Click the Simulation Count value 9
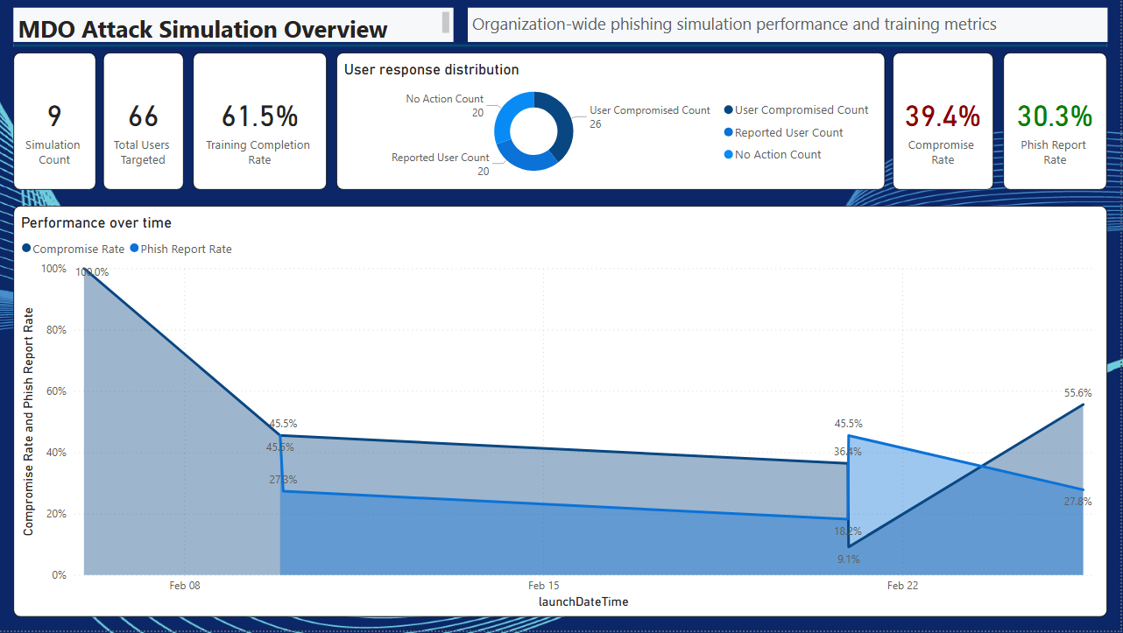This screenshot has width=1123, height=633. [54, 116]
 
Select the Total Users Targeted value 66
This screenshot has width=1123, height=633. [143, 116]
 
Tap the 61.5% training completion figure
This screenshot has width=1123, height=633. [259, 116]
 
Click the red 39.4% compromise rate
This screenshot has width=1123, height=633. [943, 116]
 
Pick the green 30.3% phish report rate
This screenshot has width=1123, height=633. [1055, 116]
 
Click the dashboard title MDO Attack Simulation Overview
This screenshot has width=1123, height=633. [202, 29]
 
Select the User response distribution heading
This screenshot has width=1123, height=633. [431, 70]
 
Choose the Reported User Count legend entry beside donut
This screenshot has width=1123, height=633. [788, 133]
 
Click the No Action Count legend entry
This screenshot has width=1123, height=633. [778, 155]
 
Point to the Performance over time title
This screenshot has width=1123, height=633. [96, 223]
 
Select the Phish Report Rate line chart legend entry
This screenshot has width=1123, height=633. [186, 250]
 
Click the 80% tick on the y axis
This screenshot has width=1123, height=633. [54, 330]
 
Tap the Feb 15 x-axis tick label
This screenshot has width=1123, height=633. [543, 586]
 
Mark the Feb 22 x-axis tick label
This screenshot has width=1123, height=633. [902, 586]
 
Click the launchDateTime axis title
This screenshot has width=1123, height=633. [583, 601]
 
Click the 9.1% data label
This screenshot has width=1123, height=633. [848, 559]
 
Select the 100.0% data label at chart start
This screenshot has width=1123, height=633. [92, 272]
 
